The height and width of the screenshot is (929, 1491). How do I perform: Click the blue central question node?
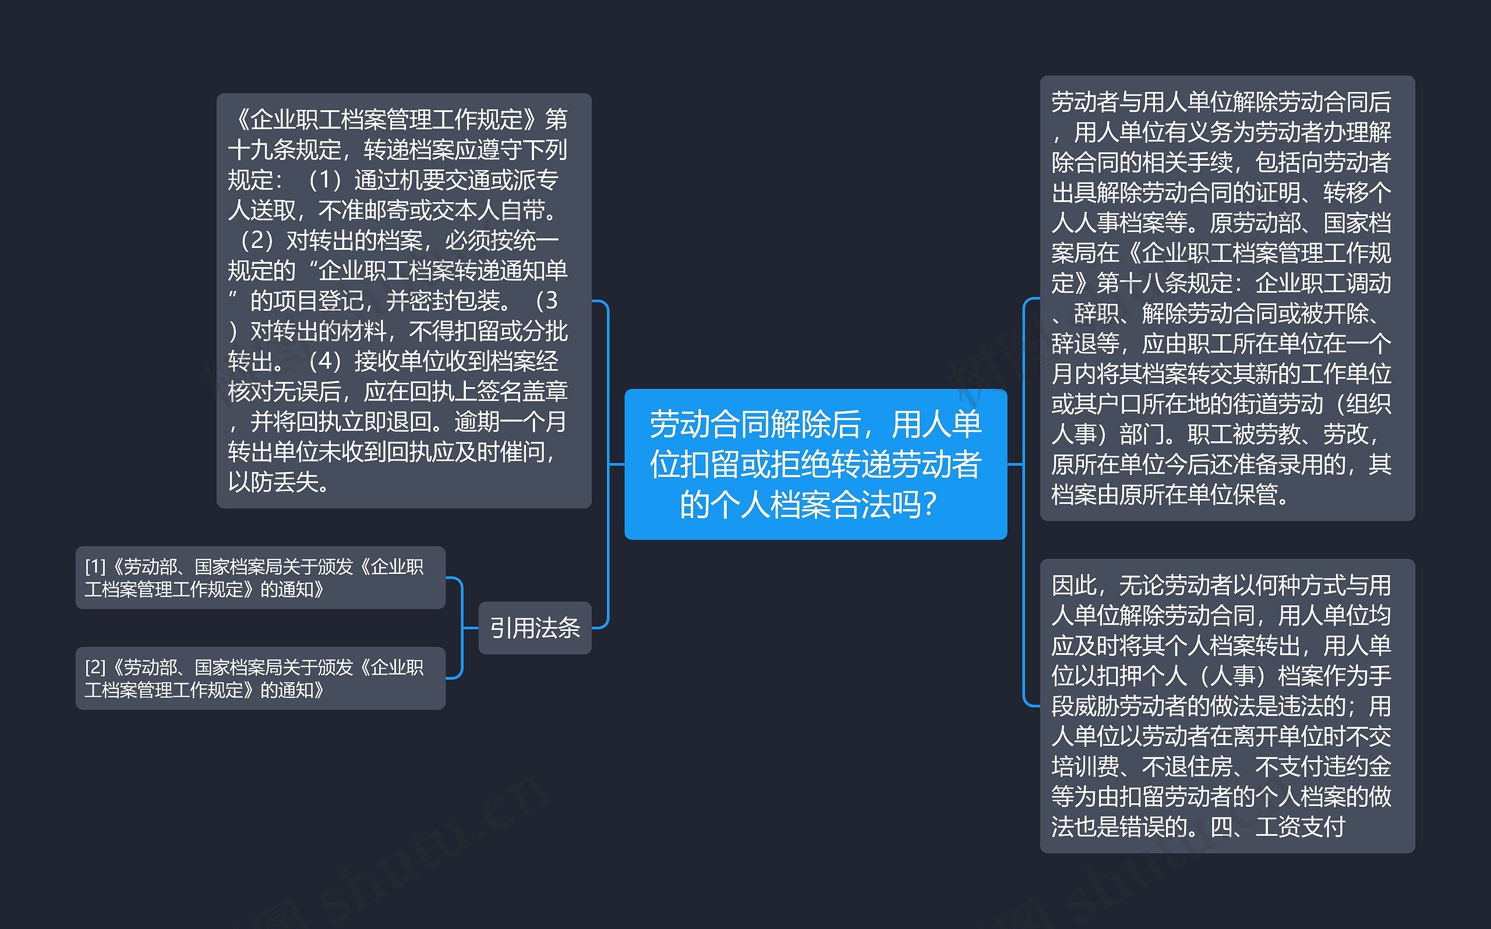(x=815, y=464)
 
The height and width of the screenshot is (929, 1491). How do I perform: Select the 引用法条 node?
(x=535, y=628)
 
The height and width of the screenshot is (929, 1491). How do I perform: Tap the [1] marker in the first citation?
(x=96, y=566)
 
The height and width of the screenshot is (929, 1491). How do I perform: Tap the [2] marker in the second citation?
(x=96, y=666)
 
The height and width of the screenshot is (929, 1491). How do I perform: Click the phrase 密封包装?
(x=454, y=300)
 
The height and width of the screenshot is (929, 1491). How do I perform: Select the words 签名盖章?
(x=522, y=391)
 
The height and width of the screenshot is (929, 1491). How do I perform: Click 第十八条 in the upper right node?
(x=1142, y=283)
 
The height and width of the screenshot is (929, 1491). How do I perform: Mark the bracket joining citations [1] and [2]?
(x=461, y=628)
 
